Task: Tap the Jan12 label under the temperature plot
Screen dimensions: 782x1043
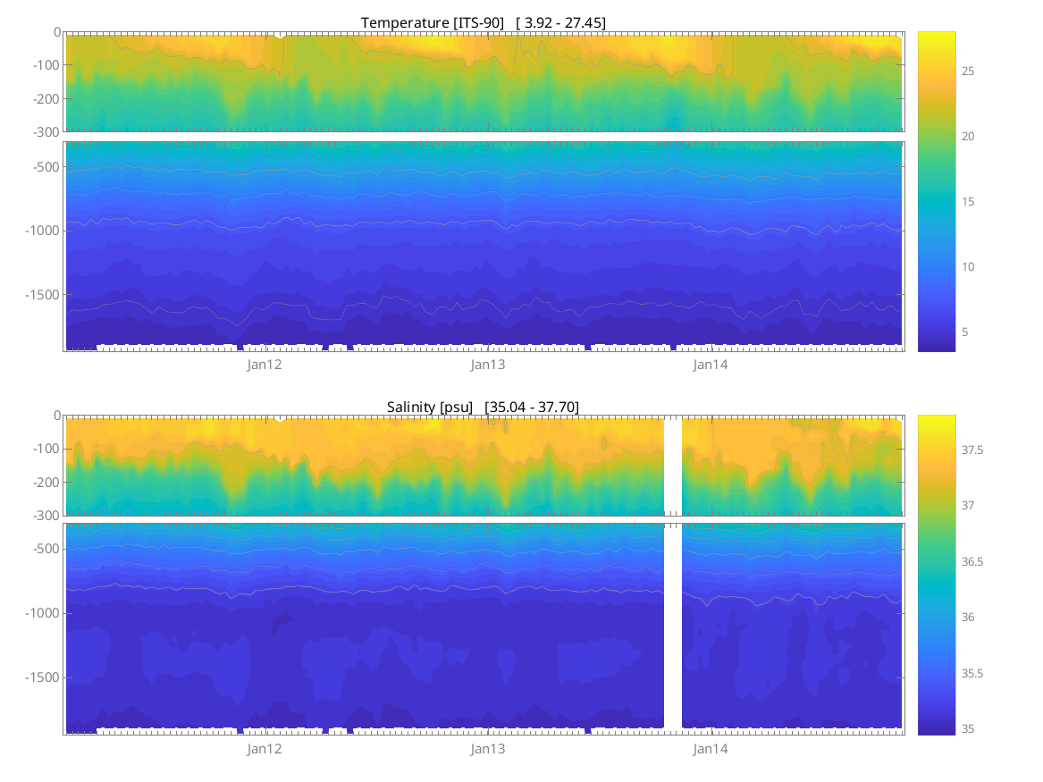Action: (x=265, y=365)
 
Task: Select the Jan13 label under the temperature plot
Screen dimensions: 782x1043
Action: (x=488, y=365)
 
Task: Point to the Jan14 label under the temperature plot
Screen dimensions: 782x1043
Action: (x=711, y=365)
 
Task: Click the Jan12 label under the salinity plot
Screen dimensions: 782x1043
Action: (x=265, y=749)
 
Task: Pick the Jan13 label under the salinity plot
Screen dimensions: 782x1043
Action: (x=488, y=749)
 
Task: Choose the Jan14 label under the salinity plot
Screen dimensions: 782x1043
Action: (x=711, y=749)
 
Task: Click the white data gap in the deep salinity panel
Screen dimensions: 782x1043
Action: (x=673, y=626)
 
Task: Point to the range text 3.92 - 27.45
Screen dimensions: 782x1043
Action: (x=564, y=22)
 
